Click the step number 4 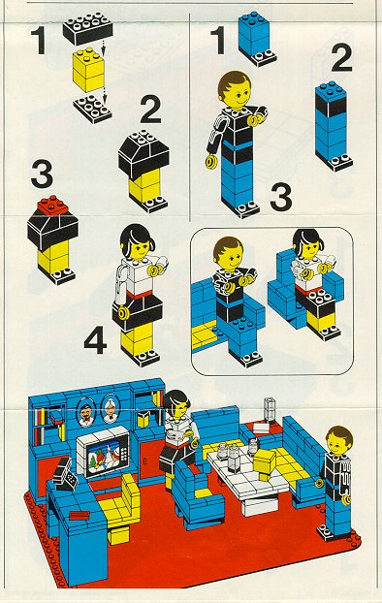tap(95, 340)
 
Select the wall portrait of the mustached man tap(86, 412)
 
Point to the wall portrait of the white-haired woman tap(111, 408)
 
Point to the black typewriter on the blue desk tap(62, 473)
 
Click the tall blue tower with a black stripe tap(332, 125)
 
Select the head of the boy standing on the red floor tap(339, 441)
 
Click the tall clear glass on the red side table tap(270, 410)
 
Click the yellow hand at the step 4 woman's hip tap(123, 313)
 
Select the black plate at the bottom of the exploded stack tap(92, 109)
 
